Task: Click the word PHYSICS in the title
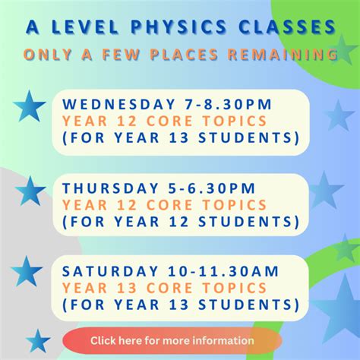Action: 168,27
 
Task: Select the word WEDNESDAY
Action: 112,104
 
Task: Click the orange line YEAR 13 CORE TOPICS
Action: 165,288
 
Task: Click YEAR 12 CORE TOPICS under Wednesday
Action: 165,121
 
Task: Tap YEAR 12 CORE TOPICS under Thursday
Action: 165,204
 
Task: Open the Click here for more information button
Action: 172,340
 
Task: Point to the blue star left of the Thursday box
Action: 30,190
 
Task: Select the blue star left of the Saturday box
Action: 27,271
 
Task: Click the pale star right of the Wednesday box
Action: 339,115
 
